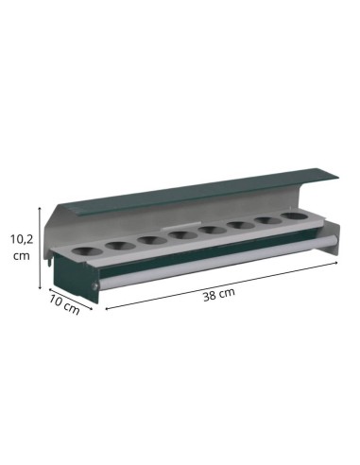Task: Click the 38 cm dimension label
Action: click(219, 294)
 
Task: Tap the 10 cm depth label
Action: click(64, 305)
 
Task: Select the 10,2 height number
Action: click(22, 239)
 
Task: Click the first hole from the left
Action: click(88, 251)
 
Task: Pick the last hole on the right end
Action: click(295, 216)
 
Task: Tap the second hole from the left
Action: click(119, 246)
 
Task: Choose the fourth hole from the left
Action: click(180, 235)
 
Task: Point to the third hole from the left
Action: click(152, 240)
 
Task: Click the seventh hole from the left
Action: click(268, 221)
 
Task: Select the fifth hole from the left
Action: click(213, 230)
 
